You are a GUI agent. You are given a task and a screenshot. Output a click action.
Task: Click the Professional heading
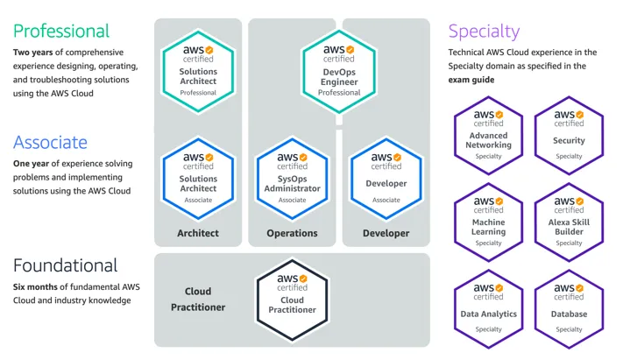point(61,32)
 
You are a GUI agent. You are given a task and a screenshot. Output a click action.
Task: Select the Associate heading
point(50,142)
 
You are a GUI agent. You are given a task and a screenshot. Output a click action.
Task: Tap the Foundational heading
point(66,265)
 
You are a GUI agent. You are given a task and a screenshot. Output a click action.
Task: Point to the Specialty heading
point(484,32)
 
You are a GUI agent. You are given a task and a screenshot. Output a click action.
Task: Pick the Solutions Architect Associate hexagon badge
point(198,175)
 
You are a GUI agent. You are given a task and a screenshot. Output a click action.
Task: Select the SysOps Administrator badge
point(292,175)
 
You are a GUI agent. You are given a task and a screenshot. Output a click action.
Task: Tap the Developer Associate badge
point(386,175)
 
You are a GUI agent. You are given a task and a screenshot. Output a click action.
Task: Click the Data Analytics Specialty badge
point(488,307)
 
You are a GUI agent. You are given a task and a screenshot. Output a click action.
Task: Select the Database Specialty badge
point(569,307)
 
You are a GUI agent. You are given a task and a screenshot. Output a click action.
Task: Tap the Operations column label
point(292,234)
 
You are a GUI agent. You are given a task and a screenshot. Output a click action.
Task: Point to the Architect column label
point(198,234)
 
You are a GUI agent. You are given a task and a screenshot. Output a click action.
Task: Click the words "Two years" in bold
point(32,53)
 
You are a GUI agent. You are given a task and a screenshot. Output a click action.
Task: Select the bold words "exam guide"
point(474,80)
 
